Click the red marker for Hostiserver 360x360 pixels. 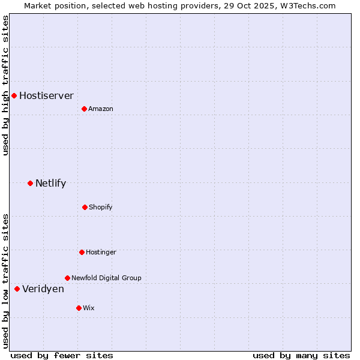click(14, 95)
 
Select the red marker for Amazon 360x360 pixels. click(84, 109)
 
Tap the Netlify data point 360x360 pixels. click(30, 183)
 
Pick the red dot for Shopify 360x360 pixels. click(85, 207)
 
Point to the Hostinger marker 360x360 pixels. click(82, 252)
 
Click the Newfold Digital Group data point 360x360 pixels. click(67, 278)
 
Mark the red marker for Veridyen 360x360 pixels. click(17, 289)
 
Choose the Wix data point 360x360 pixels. click(79, 308)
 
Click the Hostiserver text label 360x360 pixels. click(46, 95)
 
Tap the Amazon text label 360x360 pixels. click(101, 109)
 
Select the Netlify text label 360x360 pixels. click(50, 183)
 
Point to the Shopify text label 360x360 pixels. click(101, 207)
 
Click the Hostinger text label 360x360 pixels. click(101, 252)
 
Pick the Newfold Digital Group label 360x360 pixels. click(106, 278)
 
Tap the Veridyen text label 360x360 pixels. click(43, 289)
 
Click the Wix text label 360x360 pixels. click(89, 308)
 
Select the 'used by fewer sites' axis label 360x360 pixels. click(62, 355)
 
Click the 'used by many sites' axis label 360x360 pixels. click(301, 355)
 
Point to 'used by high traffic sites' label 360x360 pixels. click(5, 85)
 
